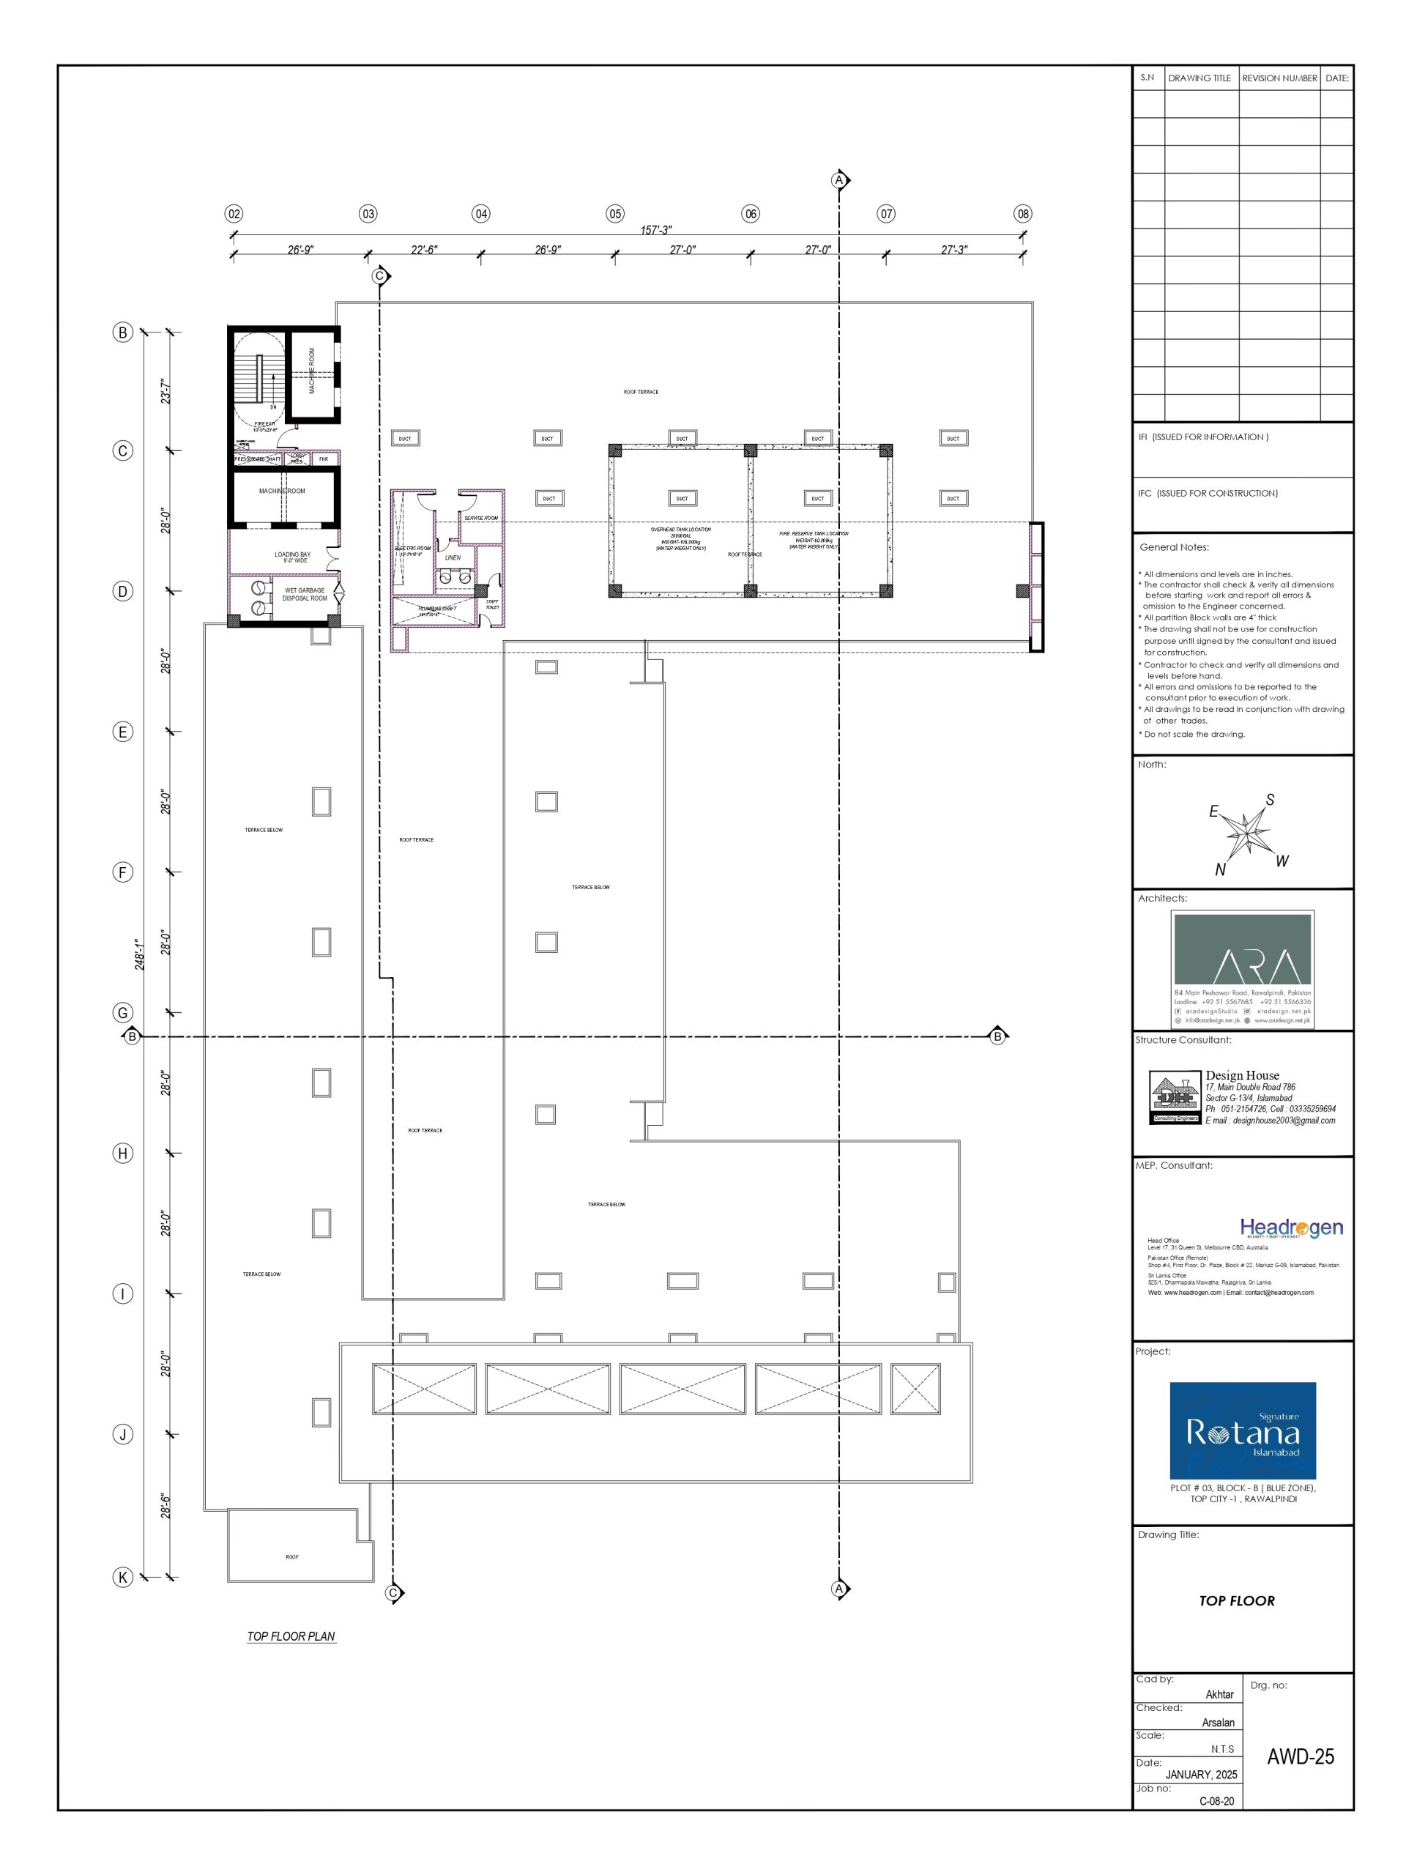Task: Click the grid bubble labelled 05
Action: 615,214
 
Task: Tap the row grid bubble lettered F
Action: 123,872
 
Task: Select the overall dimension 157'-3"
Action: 656,230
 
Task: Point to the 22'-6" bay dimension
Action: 424,249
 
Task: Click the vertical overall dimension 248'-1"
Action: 141,954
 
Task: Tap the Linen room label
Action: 453,558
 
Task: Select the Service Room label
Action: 480,518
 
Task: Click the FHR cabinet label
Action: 323,458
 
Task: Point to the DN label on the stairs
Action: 273,407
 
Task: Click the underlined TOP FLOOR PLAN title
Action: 291,1636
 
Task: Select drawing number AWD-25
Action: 1299,1756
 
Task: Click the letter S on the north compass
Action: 1270,799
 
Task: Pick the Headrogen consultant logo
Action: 1291,1227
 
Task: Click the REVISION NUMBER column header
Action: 1279,78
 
